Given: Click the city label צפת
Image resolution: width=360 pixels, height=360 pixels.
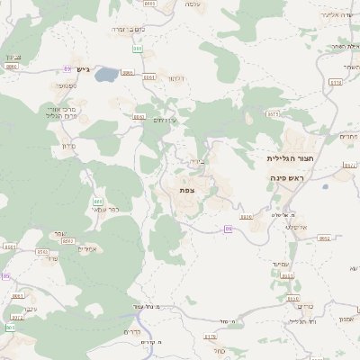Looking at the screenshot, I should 187,190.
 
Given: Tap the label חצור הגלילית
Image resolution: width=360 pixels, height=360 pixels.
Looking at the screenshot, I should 289,157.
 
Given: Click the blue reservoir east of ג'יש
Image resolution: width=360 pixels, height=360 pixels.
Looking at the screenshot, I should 106,74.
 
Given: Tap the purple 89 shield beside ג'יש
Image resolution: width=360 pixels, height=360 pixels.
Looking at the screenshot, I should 67,69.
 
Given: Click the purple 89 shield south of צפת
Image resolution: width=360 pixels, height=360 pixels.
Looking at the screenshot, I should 229,229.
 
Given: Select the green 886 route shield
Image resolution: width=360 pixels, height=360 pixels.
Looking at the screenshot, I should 138,49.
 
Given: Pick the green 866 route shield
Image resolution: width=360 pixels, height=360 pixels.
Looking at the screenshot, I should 98,202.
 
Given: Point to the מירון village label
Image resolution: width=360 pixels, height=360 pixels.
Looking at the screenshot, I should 69,146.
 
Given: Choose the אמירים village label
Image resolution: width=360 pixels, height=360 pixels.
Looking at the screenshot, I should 87,248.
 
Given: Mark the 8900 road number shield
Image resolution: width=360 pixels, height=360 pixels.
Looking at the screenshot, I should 246,217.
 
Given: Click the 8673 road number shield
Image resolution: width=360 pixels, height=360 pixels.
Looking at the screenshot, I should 273,114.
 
